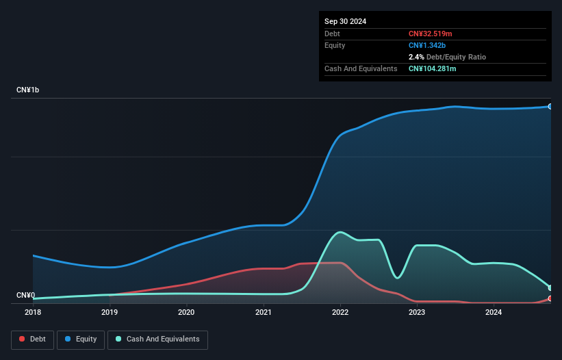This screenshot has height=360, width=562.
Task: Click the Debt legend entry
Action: coord(33,339)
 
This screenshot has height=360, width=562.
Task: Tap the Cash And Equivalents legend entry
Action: coord(157,339)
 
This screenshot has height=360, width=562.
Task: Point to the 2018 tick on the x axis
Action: coord(33,313)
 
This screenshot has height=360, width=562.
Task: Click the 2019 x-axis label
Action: coord(110,313)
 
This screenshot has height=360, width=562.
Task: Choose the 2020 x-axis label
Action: coord(186,313)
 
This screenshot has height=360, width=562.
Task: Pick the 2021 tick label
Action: coord(264,313)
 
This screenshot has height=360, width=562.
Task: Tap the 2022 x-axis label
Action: coord(340,313)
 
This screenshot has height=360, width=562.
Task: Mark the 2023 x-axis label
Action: coord(417,313)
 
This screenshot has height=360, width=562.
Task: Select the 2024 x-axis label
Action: coord(494,313)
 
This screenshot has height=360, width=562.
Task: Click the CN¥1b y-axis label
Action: coord(28,90)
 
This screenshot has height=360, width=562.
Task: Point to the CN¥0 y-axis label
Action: coord(25,296)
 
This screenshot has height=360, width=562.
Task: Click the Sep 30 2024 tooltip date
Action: coord(346,21)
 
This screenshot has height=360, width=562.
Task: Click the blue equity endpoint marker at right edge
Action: coord(550,107)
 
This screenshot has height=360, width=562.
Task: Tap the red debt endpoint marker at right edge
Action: coord(550,298)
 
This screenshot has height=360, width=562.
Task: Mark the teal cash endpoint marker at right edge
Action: coord(550,287)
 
